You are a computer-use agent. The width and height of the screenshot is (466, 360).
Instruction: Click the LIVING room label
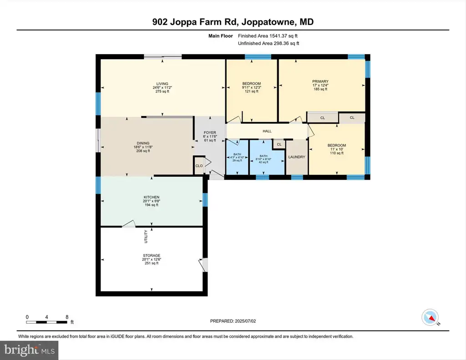tap(162, 84)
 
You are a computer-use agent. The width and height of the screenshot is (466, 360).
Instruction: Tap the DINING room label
tap(143, 143)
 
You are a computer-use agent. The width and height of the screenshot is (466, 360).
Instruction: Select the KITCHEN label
tap(152, 197)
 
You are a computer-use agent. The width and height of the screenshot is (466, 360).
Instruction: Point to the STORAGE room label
tap(152, 255)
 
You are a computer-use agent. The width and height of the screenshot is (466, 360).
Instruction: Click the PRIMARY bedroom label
tap(320, 81)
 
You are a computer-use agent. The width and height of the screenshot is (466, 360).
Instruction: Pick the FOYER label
tap(210, 132)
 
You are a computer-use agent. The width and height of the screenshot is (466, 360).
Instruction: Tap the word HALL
tap(267, 131)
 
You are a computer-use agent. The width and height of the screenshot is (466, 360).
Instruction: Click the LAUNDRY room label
tap(297, 157)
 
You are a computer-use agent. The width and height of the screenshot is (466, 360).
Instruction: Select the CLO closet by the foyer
tap(199, 166)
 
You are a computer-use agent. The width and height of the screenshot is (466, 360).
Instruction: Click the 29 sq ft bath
tap(237, 157)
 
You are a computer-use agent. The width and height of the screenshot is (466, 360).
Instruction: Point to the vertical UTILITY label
tap(146, 237)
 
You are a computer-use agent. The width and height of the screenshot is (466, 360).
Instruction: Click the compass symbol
tap(430, 318)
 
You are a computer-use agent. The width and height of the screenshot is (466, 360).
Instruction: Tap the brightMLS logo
tap(29, 350)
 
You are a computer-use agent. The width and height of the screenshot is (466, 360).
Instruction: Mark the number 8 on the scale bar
tap(67, 317)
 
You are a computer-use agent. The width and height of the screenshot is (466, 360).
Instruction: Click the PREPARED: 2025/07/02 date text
tap(233, 321)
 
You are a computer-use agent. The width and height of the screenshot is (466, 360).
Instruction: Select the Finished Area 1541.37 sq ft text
tap(268, 36)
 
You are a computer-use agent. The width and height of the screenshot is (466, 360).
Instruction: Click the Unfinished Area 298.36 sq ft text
tap(268, 43)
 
